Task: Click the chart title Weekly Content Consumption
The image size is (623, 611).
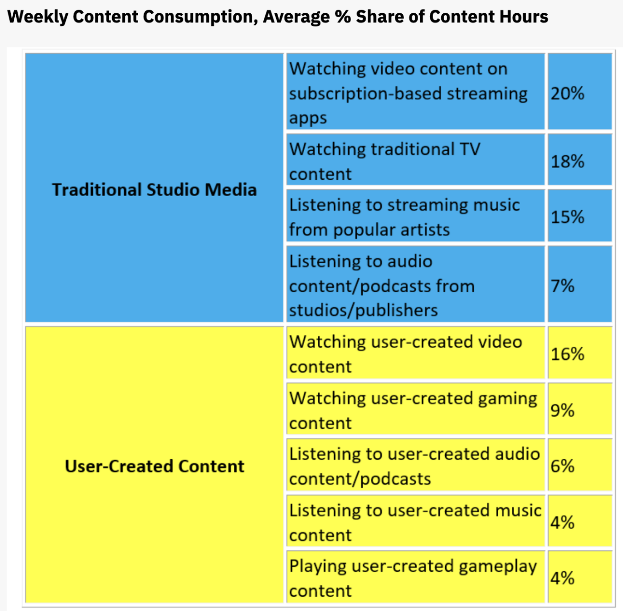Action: tap(278, 17)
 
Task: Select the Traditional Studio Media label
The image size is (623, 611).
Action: tap(154, 190)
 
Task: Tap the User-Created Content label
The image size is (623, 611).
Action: tap(154, 466)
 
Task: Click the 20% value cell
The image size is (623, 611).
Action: tap(567, 94)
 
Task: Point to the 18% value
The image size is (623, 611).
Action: tap(567, 162)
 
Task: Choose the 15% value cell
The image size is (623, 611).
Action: tap(567, 217)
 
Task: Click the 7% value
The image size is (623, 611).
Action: tap(562, 286)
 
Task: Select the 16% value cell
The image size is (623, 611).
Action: tap(567, 354)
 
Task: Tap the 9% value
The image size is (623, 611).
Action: tap(562, 410)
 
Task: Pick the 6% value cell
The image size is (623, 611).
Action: tap(562, 466)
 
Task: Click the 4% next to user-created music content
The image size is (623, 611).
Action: tap(562, 522)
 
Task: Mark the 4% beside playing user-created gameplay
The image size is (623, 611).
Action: tap(562, 578)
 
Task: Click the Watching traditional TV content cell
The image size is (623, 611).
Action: tap(385, 161)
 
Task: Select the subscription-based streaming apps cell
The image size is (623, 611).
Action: tap(408, 94)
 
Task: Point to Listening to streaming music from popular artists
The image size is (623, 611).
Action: tap(404, 217)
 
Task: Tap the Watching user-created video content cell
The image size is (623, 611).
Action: tap(405, 354)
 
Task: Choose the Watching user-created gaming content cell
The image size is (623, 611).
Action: tap(413, 410)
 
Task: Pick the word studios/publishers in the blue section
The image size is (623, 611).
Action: tap(363, 311)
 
